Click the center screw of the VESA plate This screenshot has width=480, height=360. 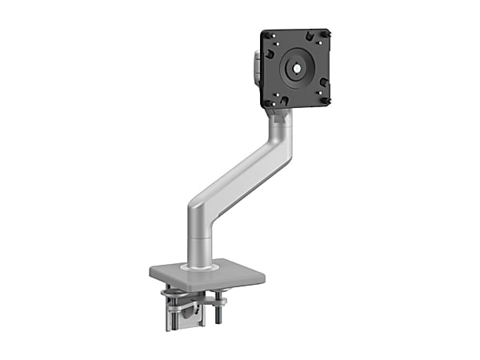click(x=297, y=69)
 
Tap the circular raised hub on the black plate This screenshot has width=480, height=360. click(x=297, y=69)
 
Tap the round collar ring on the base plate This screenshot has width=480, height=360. click(x=198, y=264)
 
